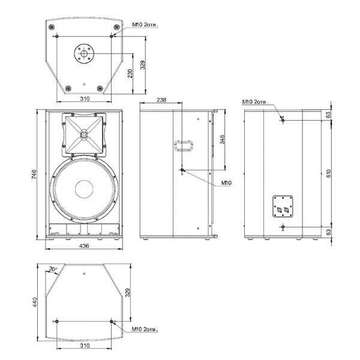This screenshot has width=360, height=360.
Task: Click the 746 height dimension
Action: (x=34, y=174)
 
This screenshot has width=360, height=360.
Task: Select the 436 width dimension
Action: (x=84, y=246)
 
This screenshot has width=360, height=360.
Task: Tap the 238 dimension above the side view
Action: (x=161, y=100)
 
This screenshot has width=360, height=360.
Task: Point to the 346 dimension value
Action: (x=222, y=139)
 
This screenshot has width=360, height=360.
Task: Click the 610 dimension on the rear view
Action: (x=329, y=173)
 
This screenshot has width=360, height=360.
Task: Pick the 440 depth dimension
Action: (x=34, y=302)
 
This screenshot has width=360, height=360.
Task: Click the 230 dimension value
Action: (x=130, y=73)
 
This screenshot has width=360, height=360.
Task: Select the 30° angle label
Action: (x=53, y=269)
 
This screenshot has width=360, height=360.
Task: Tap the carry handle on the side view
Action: (x=184, y=145)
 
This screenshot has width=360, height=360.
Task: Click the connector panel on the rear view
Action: (x=283, y=206)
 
